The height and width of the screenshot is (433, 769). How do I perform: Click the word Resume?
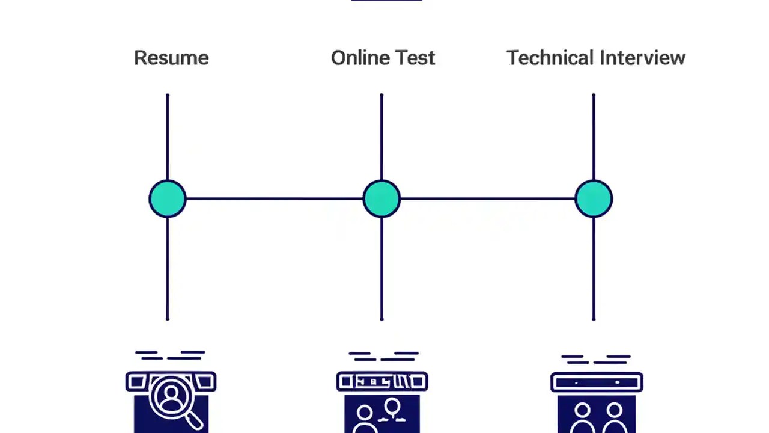click(x=171, y=58)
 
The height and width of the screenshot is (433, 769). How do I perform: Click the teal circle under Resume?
click(x=168, y=198)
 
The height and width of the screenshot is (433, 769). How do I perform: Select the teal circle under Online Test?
click(x=381, y=198)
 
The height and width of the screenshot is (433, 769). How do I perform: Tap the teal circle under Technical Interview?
click(x=594, y=198)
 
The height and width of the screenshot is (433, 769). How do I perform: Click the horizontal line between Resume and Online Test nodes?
click(x=274, y=198)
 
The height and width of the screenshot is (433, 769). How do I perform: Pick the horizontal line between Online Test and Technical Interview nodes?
click(x=487, y=198)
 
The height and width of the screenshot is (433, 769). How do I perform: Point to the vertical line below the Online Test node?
click(x=381, y=268)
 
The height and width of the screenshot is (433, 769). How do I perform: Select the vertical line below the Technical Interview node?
click(x=594, y=268)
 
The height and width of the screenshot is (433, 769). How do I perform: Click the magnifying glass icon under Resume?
click(x=172, y=398)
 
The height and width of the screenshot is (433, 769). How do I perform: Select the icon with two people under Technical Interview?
click(x=597, y=415)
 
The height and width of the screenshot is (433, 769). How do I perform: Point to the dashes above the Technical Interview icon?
click(x=595, y=359)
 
